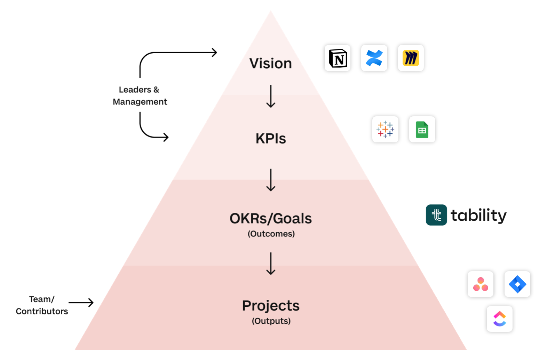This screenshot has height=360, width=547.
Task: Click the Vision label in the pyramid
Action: [x=270, y=63]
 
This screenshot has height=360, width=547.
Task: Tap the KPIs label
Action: [x=271, y=139]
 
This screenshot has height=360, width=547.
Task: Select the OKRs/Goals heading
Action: [x=270, y=219]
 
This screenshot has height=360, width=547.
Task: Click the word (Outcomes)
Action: [x=271, y=234]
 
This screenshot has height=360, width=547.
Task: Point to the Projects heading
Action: [x=271, y=306]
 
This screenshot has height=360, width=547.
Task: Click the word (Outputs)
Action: [x=271, y=321]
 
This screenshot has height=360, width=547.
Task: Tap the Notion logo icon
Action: [x=338, y=58]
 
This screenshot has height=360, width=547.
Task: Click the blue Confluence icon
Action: [x=374, y=58]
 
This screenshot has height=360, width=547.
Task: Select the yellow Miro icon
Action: [x=411, y=58]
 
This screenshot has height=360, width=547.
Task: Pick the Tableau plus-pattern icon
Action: [x=385, y=130]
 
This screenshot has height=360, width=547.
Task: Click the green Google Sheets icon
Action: [x=422, y=130]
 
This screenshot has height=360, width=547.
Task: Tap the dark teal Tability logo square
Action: [x=436, y=215]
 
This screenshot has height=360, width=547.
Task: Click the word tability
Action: [x=478, y=216]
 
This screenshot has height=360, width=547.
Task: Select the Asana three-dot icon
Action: [x=481, y=284]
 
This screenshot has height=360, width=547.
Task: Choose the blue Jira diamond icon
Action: [x=517, y=284]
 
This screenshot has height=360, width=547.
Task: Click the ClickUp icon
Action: [x=500, y=319]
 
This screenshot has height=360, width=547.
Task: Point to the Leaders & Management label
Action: [x=140, y=96]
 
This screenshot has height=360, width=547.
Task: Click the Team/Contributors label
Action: [x=42, y=305]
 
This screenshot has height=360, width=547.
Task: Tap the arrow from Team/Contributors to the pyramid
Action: [x=81, y=303]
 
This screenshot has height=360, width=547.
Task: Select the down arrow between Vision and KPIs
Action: [x=271, y=96]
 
